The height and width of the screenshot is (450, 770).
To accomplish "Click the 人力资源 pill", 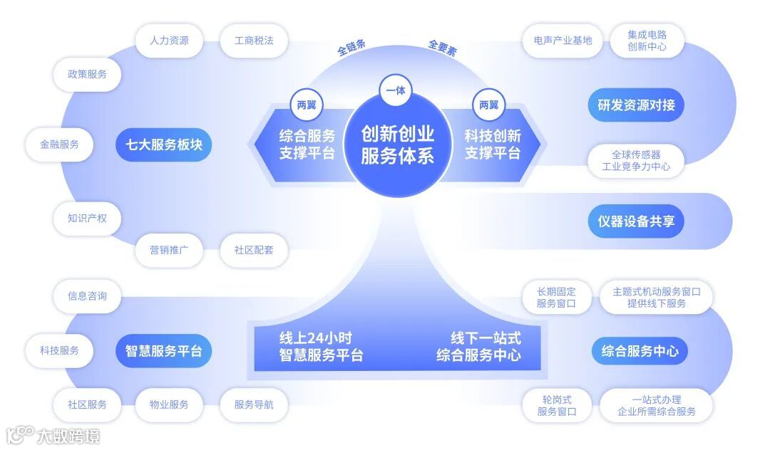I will [169, 41].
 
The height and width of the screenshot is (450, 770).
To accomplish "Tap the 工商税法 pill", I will [254, 41].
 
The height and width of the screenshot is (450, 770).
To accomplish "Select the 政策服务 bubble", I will [87, 74].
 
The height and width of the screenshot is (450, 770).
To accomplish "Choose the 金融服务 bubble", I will [60, 145].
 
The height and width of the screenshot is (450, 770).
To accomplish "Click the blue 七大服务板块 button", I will [164, 145].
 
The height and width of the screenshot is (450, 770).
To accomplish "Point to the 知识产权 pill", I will [87, 218].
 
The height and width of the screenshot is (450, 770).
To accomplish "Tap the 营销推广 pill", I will [169, 250].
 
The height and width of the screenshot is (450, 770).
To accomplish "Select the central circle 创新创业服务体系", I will [397, 145].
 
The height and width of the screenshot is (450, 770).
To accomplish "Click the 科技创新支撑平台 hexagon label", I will [493, 145].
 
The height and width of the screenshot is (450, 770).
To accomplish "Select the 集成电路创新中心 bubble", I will [647, 41].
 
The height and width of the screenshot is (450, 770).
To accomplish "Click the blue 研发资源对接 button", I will [636, 105].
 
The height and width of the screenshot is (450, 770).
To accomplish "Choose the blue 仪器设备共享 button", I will [636, 221].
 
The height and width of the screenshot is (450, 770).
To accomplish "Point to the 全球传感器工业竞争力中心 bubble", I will [636, 161].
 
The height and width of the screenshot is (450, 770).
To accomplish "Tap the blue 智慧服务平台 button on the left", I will [164, 351].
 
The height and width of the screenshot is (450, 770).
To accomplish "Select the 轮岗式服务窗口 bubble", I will [556, 405].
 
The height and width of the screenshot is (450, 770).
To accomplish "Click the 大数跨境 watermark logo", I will [53, 435].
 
